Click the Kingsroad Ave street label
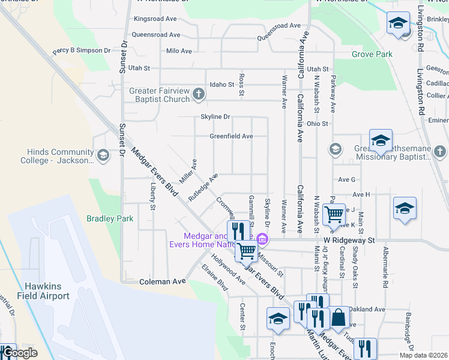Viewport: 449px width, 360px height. point(158,19)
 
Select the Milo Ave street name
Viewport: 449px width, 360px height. point(179,51)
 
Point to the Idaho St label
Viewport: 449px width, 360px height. point(221,85)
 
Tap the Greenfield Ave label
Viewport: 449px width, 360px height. point(231,136)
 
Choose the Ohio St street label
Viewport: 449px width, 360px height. point(318,124)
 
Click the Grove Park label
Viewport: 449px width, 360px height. point(372,55)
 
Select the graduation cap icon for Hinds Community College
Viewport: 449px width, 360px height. point(103,156)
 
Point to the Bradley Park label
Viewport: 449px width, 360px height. point(110,219)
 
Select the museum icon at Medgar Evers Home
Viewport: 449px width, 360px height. point(262,239)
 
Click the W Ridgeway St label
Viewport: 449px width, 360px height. point(349,239)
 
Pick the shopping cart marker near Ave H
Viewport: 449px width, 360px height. point(333,212)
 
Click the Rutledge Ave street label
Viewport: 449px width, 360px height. point(203,187)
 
